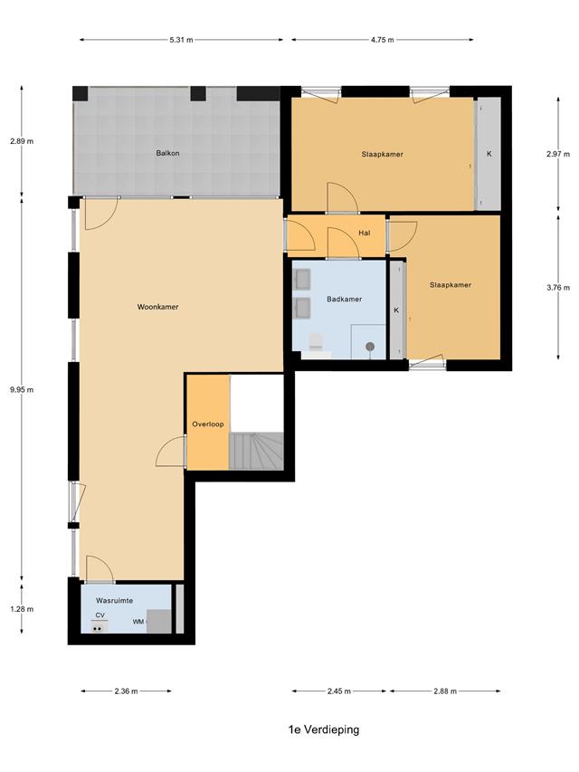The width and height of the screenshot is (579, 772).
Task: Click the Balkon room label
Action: (x=167, y=153)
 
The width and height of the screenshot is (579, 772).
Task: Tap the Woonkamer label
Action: (x=157, y=307)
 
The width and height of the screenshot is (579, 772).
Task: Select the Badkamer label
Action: (x=344, y=299)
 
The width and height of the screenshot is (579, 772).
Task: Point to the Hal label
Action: (x=365, y=233)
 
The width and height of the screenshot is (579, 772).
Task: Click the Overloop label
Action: (x=208, y=424)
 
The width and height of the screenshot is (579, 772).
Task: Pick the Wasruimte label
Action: (x=114, y=601)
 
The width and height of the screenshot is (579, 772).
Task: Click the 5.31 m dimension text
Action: (x=181, y=40)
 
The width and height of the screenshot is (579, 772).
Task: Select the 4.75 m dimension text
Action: (x=382, y=40)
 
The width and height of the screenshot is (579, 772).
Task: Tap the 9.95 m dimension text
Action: (x=22, y=389)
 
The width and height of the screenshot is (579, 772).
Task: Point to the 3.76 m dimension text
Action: (x=558, y=288)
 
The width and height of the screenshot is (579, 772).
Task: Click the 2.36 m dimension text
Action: (x=126, y=691)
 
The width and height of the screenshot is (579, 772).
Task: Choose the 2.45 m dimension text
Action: (x=338, y=691)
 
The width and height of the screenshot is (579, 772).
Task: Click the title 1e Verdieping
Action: (x=324, y=729)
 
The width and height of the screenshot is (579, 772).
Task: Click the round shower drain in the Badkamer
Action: (x=370, y=347)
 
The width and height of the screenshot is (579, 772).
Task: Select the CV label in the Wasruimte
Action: (x=100, y=615)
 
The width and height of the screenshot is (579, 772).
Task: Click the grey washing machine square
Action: (x=159, y=622)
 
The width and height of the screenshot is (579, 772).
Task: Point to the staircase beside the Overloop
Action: (x=256, y=451)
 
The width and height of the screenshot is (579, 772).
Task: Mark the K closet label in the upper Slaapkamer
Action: (x=489, y=154)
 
